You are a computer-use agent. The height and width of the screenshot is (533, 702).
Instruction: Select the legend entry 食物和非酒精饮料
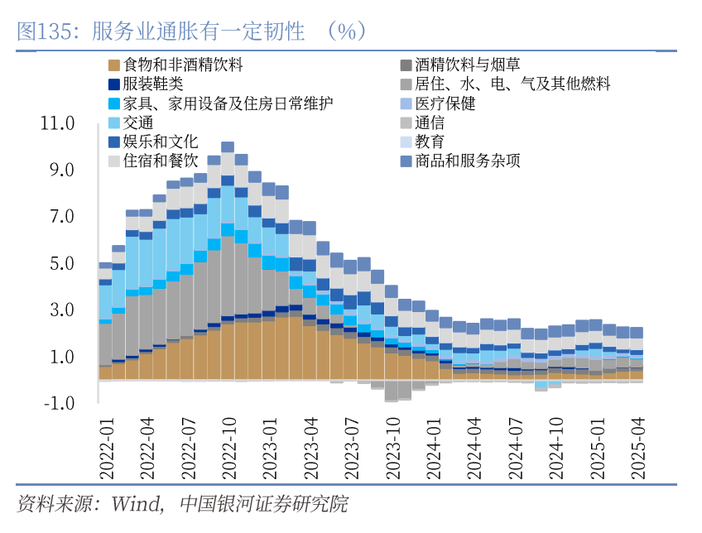(182, 65)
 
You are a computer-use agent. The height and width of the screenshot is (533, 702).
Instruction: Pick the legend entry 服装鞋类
(152, 84)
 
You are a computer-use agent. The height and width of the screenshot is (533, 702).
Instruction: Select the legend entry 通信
(430, 122)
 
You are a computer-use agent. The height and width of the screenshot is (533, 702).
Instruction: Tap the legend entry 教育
(430, 142)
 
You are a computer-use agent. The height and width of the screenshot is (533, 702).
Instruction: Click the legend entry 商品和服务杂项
(468, 161)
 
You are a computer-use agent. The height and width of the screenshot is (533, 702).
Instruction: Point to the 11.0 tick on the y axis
(58, 123)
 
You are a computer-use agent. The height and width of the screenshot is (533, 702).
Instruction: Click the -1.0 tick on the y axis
(58, 404)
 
